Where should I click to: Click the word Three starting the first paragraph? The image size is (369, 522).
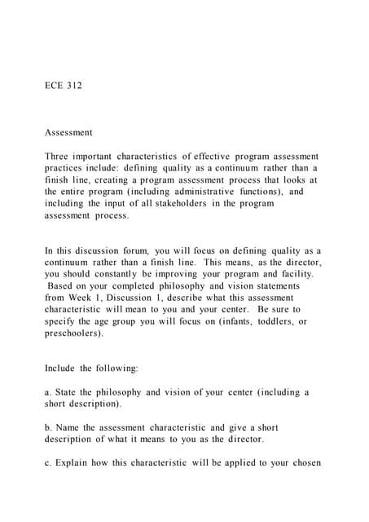click(60, 156)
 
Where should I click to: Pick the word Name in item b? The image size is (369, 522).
click(71, 427)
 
